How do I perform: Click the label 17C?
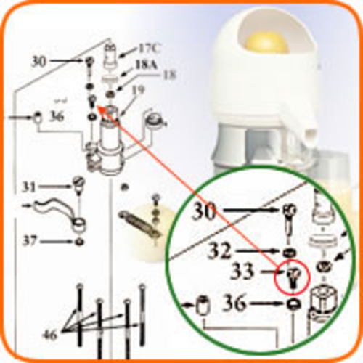pyautogui.click(x=149, y=49)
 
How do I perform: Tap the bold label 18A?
pyautogui.click(x=147, y=65)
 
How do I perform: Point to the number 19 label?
pyautogui.click(x=138, y=91)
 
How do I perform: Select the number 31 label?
pyautogui.click(x=29, y=187)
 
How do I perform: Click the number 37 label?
pyautogui.click(x=30, y=241)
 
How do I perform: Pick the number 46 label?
pyautogui.click(x=50, y=335)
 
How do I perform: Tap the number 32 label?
pyautogui.click(x=219, y=250)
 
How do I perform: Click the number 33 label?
pyautogui.click(x=242, y=272)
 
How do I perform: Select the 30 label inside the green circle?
pyautogui.click(x=204, y=211)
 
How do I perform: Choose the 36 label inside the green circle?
pyautogui.click(x=234, y=303)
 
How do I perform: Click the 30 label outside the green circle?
pyautogui.click(x=38, y=62)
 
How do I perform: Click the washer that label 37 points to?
pyautogui.click(x=78, y=242)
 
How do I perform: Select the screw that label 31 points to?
pyautogui.click(x=78, y=185)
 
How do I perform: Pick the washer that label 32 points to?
pyautogui.click(x=290, y=253)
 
